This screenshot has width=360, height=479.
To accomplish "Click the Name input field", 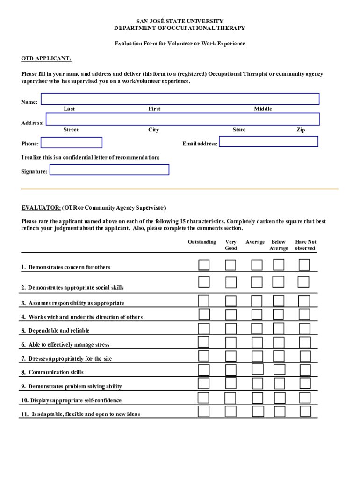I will [180, 99].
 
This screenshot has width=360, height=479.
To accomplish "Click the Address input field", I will [182, 119].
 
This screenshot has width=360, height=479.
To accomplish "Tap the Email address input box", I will [268, 141].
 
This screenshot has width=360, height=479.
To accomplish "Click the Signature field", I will [109, 170].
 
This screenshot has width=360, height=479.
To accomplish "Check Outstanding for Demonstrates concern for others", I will [204, 265].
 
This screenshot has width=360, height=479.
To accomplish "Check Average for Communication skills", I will [257, 370].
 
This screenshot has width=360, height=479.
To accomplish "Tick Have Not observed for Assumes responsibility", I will [304, 300].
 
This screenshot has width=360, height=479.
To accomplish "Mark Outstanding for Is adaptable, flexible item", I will [204, 412].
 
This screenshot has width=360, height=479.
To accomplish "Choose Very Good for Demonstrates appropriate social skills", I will [230, 282].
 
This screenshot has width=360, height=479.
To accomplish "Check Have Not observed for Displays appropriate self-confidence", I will [305, 398].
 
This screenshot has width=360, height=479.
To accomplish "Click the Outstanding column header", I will [202, 242].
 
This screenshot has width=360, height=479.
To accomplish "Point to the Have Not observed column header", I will [305, 245].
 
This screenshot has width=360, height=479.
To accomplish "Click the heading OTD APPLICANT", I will [46, 58].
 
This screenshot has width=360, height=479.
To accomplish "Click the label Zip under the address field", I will [301, 130].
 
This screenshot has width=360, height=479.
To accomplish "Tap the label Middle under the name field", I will [263, 109].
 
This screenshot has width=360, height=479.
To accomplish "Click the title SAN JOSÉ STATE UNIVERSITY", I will [180, 21].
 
